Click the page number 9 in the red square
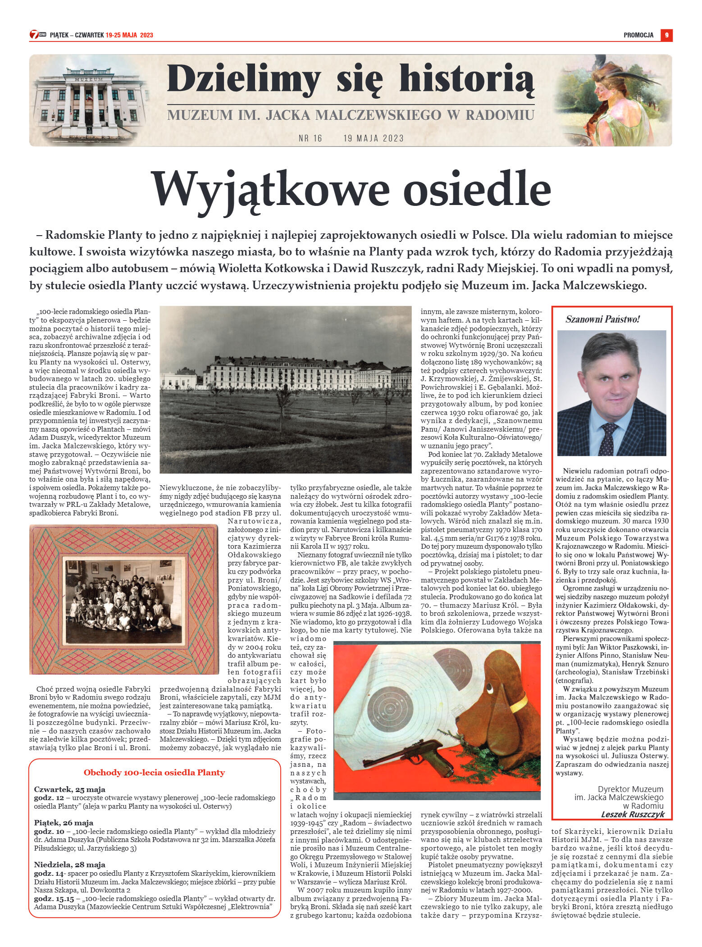click(x=666, y=35)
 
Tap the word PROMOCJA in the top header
click(x=638, y=35)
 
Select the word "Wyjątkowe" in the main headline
click(x=269, y=189)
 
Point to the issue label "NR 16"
click(x=310, y=138)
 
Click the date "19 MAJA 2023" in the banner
click(x=373, y=138)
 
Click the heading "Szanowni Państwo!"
click(x=602, y=319)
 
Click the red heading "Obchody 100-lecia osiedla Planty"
click(x=154, y=772)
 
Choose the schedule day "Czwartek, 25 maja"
click(x=70, y=789)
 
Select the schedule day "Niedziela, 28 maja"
click(x=70, y=865)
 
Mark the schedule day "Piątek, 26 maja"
click(x=64, y=823)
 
